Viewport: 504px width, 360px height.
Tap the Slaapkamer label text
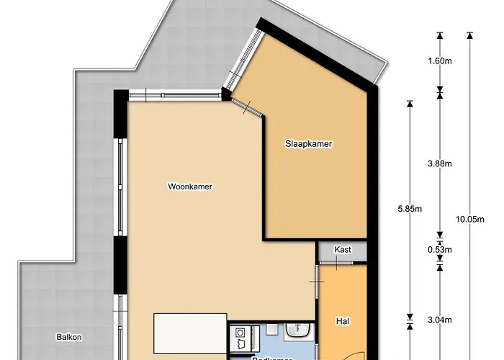307,144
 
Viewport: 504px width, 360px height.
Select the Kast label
343,250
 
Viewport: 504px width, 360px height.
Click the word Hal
343,321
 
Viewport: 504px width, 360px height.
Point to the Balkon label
70,336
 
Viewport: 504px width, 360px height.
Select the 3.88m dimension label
439,164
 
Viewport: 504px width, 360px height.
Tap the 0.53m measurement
439,250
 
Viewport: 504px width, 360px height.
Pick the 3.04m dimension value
439,321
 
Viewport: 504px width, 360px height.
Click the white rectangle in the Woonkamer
190,333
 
